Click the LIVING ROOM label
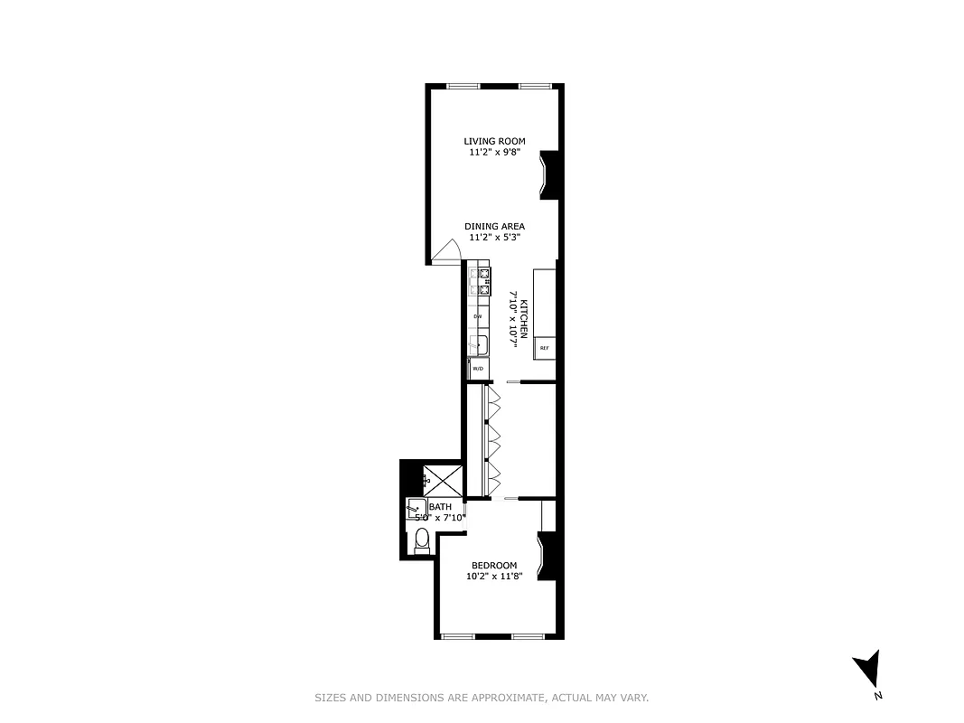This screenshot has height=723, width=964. tap(494, 141)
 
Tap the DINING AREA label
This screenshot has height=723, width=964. tap(494, 226)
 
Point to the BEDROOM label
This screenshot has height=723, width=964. tap(494, 566)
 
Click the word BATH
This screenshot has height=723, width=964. tap(441, 507)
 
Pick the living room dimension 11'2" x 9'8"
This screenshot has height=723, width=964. tap(494, 153)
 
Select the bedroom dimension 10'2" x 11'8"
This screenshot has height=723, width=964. tap(494, 577)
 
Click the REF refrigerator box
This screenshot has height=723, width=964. tap(544, 348)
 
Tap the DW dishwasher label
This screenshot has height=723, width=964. tap(478, 316)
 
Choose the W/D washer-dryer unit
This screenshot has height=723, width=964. tap(478, 369)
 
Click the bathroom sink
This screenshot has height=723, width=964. tap(416, 509)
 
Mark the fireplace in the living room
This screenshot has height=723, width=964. tap(550, 175)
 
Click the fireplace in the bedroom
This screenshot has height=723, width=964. tap(548, 556)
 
